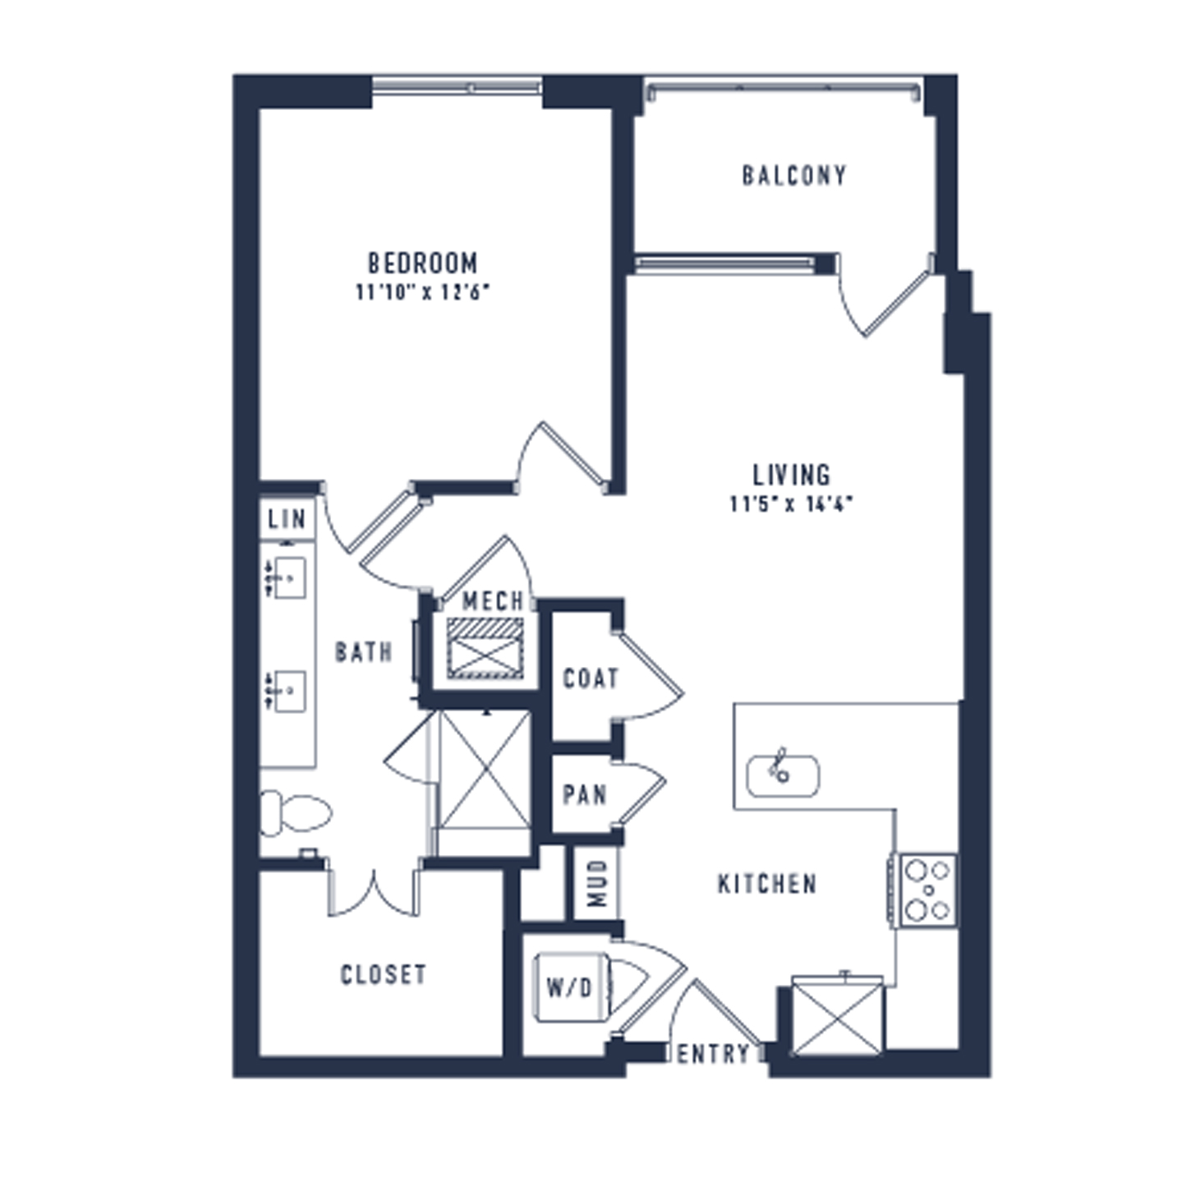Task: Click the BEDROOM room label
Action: (x=423, y=263)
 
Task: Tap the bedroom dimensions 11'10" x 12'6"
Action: (x=423, y=292)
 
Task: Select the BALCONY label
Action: (x=794, y=176)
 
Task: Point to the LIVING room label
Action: (x=792, y=475)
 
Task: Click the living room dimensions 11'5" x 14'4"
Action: (x=792, y=504)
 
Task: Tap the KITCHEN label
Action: (x=768, y=884)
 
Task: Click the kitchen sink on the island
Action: (x=783, y=776)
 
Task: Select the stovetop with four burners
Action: (x=928, y=890)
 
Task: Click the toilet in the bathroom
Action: (x=296, y=812)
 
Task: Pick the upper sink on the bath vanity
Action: (x=287, y=578)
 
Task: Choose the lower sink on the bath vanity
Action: (x=287, y=692)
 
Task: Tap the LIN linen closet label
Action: (x=287, y=519)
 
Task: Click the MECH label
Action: (x=493, y=600)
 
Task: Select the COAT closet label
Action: (x=591, y=678)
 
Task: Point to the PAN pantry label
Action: (x=585, y=795)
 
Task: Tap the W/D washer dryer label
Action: (x=569, y=988)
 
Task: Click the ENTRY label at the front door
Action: (x=714, y=1054)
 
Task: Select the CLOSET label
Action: (x=384, y=975)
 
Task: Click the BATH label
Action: (x=363, y=652)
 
